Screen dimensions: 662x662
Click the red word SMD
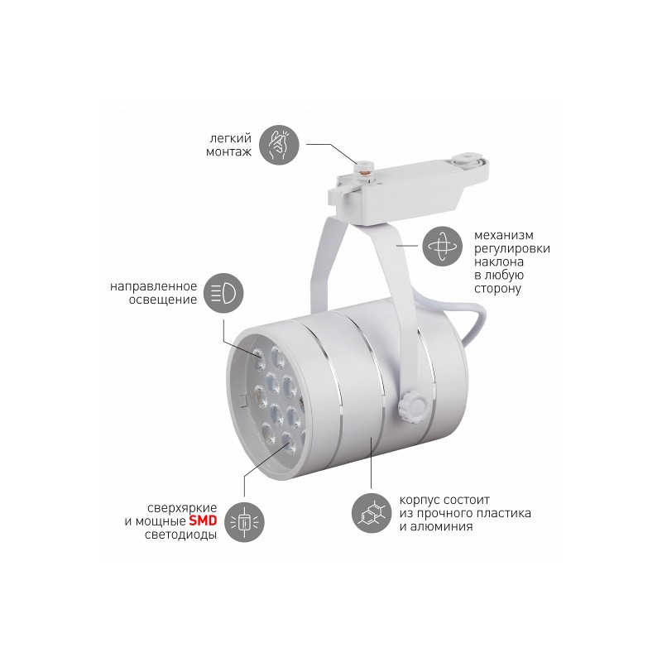tap(203, 520)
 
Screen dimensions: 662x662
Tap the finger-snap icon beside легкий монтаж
tap(279, 145)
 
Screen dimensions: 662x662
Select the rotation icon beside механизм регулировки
tap(443, 246)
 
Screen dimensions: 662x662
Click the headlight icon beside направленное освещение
tap(223, 293)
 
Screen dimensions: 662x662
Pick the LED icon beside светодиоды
tap(244, 522)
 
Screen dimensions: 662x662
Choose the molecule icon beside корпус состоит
tap(372, 513)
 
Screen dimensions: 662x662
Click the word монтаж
tap(229, 152)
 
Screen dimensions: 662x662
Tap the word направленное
tap(154, 286)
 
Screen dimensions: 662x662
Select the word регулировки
tap(512, 249)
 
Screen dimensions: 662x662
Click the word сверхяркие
tap(182, 508)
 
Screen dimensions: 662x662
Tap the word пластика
tap(503, 513)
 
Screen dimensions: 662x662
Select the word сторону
tap(497, 289)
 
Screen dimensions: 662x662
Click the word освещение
tap(163, 300)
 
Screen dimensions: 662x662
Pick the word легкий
tap(231, 138)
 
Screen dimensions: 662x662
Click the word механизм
tap(504, 235)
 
